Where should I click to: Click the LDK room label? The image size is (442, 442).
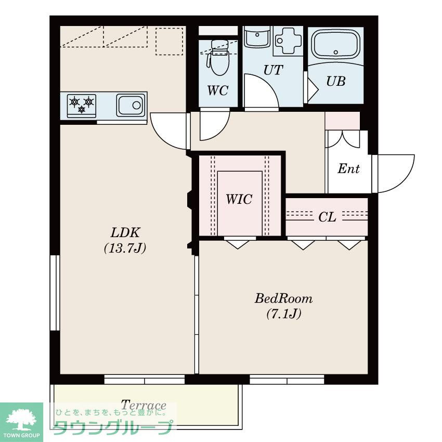click(125, 233)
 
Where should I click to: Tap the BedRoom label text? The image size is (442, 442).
click(283, 298)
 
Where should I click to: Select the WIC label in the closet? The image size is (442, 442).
click(239, 199)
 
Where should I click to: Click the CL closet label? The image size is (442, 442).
click(327, 217)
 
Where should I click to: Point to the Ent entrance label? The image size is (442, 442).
click(349, 168)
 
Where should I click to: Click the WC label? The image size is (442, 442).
click(217, 90)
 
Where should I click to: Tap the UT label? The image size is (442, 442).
click(273, 70)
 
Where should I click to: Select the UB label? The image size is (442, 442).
click(336, 81)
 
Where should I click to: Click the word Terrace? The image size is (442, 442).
click(144, 405)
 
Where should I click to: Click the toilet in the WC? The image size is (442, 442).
click(219, 57)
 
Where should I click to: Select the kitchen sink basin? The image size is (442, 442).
click(131, 106)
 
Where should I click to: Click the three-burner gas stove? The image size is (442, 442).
click(82, 106)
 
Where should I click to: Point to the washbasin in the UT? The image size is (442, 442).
click(257, 37)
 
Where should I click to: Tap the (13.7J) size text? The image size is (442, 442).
click(125, 249)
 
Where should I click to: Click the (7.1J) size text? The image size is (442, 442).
click(284, 314)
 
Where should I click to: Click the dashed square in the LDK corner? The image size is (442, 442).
click(170, 41)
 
